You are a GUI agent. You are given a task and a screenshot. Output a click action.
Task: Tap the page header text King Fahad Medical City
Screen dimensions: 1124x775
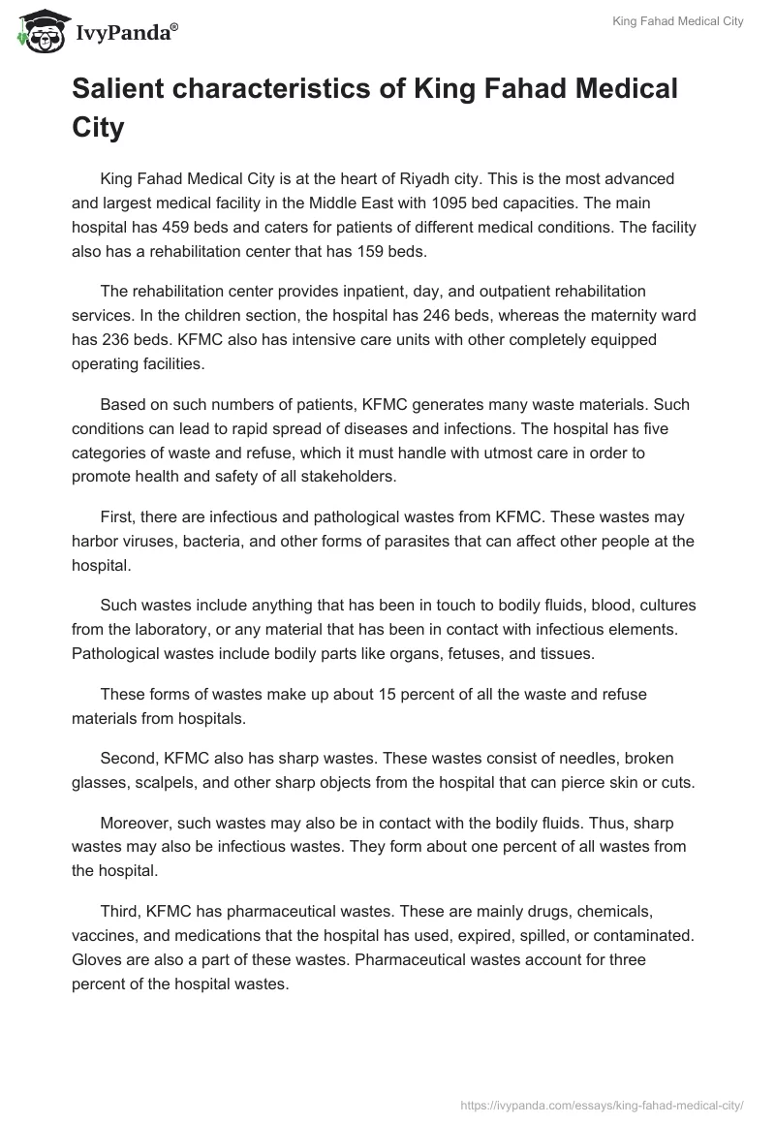tap(678, 21)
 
